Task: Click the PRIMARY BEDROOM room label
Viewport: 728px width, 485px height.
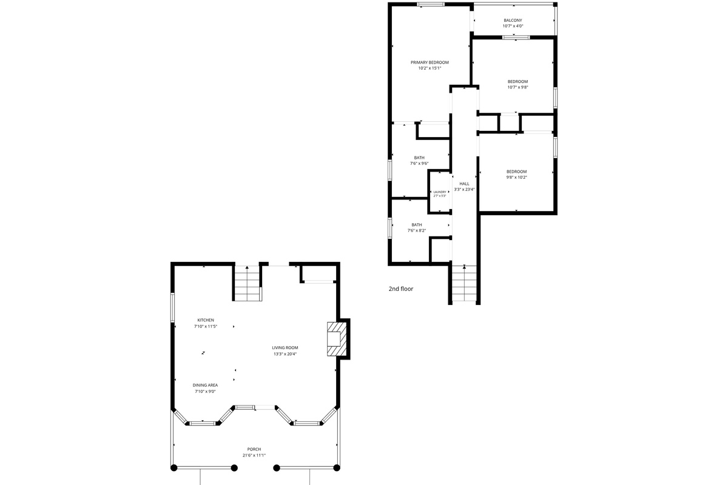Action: [430, 62]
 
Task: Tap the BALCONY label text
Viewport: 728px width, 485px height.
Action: [513, 20]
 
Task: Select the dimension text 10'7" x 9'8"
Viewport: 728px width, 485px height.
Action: [517, 87]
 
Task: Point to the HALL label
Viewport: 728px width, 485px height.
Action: [464, 184]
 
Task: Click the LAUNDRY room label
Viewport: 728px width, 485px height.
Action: [440, 192]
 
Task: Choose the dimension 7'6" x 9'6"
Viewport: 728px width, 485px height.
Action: [419, 164]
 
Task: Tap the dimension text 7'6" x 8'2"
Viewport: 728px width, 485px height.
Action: [417, 230]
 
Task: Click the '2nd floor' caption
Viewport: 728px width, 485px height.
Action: [401, 289]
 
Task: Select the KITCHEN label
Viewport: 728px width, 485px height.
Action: [206, 320]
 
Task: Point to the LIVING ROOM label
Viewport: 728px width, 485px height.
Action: [285, 347]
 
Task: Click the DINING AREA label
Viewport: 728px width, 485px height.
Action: [205, 385]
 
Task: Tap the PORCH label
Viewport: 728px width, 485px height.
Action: [254, 449]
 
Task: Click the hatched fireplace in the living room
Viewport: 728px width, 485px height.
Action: [337, 339]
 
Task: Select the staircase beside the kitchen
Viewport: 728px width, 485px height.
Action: [248, 283]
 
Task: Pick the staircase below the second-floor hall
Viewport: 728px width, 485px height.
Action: [464, 283]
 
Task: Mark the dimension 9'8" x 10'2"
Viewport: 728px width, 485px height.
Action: [516, 178]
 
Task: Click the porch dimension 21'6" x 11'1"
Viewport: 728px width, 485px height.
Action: [254, 455]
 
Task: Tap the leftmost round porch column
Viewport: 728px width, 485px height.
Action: [174, 468]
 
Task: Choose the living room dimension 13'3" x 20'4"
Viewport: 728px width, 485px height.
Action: [285, 354]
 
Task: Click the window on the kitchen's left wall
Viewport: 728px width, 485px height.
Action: [172, 307]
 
